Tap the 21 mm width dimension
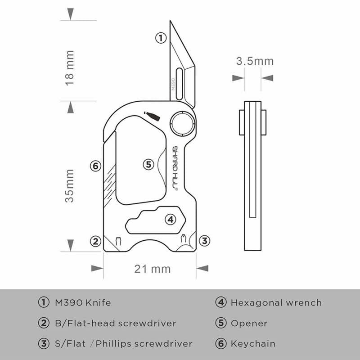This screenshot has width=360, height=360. pos(153,269)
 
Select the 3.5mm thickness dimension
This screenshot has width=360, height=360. pos(255,61)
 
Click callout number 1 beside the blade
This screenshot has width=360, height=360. pos(161,38)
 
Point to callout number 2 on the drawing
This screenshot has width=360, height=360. pos(94,241)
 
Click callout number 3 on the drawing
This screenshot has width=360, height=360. pos(204,241)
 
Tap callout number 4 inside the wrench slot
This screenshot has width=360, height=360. pos(170,220)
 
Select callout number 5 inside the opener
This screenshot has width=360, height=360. pos(149,164)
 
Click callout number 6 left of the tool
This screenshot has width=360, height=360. pos(94,166)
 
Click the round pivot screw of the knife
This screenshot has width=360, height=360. pos(182,122)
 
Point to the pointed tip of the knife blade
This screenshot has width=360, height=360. pos(171,22)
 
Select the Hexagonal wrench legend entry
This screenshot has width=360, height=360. pos(276,303)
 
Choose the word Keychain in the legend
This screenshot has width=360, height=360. pos(253,344)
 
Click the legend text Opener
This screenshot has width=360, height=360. pos(249,324)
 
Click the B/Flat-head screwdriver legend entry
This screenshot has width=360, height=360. pos(113,324)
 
